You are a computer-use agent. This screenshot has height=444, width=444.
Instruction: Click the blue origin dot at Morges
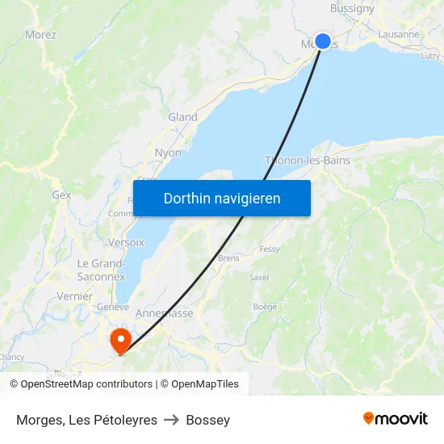coord(323,41)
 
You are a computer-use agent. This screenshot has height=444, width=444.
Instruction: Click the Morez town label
coord(40,35)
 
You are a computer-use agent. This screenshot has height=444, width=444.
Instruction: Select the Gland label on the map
coord(182,117)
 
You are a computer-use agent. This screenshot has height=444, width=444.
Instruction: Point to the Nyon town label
coord(168,153)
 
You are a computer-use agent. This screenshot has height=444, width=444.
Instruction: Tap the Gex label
coord(61,195)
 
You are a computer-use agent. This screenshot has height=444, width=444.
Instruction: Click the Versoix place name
coord(126,241)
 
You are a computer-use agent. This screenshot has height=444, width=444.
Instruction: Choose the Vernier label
coord(74,296)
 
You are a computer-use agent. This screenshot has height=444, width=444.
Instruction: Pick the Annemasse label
coord(165,313)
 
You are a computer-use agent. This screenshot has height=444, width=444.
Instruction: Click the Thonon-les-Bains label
coord(308,160)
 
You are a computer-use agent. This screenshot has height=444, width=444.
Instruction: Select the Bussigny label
coord(352,9)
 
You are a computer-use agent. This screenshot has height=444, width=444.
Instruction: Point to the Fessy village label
coord(270,249)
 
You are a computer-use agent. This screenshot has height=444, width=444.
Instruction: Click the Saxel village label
coord(259,277)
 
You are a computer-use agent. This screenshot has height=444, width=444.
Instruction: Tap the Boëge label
coord(265,307)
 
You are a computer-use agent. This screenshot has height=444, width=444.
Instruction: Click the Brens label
coord(228,258)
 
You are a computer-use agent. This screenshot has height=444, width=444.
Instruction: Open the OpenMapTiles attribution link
coord(200,384)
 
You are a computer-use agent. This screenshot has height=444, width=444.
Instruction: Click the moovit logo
coord(396,418)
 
